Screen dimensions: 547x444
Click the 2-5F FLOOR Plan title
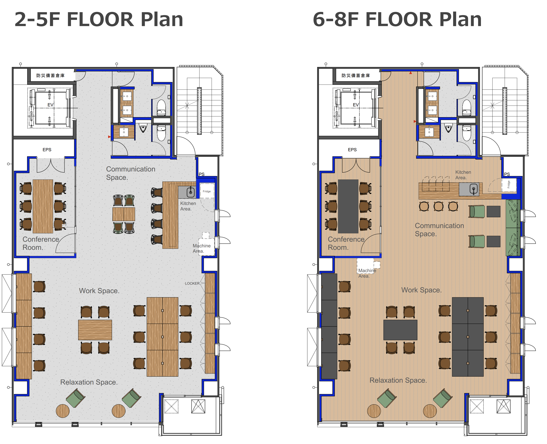(99, 19)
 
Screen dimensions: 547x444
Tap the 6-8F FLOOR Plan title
(397, 19)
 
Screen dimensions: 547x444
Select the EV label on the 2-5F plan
(50, 105)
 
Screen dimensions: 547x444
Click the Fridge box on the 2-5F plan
(207, 191)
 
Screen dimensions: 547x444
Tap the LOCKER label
(192, 283)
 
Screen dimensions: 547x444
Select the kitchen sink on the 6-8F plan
(474, 189)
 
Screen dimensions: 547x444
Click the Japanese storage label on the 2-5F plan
(50, 76)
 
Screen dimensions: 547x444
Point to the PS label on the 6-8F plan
(507, 174)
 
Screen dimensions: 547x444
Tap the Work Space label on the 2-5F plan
(99, 291)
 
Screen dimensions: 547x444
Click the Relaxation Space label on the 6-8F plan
(398, 380)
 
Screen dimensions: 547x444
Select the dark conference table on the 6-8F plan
(348, 206)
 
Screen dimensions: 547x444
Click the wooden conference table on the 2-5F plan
(43, 206)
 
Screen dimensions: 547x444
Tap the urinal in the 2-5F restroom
(143, 128)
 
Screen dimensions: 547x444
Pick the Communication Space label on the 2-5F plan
(131, 173)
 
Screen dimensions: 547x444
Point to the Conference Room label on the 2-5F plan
(41, 243)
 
